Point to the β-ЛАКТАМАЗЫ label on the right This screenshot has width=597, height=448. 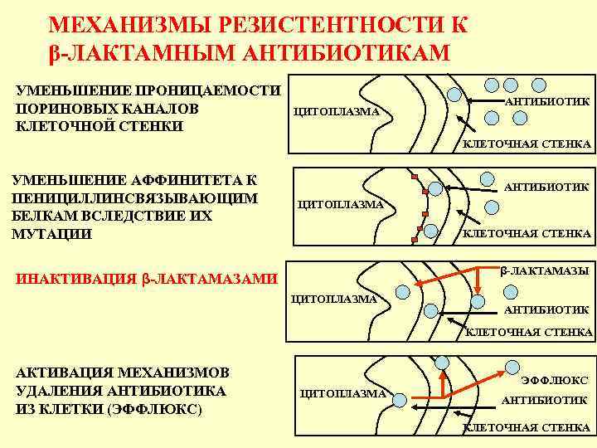pyautogui.click(x=544, y=270)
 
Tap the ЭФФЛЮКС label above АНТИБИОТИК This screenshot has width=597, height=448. pyautogui.click(x=554, y=380)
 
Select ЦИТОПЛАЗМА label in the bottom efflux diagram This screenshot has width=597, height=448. pyautogui.click(x=342, y=392)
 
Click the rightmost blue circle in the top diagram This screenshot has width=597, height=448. pyautogui.click(x=539, y=84)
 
